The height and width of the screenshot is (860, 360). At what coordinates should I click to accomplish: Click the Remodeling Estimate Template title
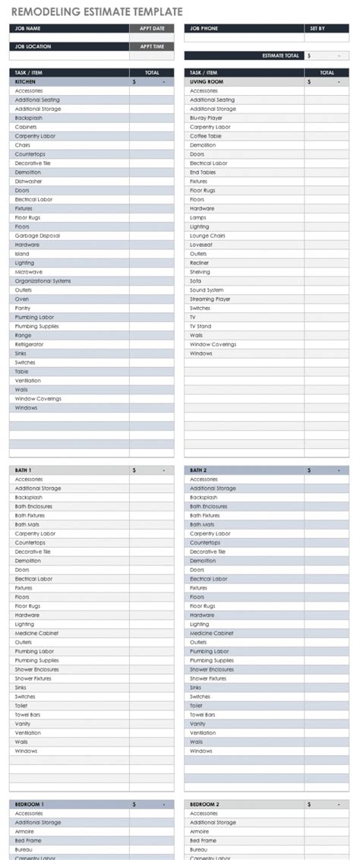point(96,12)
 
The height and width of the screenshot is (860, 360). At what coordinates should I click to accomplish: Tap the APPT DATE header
point(152,28)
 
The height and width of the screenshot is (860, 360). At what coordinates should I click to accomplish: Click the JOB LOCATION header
point(31,46)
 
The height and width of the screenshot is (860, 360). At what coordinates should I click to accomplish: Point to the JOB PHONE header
point(203,28)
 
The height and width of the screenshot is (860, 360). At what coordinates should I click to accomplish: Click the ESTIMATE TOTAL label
point(280,55)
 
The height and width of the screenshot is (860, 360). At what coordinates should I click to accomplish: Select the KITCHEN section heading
point(25,81)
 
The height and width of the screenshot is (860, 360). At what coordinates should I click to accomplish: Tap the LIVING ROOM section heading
point(206,81)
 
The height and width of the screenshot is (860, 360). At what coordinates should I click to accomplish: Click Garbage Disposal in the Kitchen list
point(37,236)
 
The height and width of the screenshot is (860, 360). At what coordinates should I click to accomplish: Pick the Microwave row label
point(29,272)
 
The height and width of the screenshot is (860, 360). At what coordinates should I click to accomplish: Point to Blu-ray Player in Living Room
point(206,118)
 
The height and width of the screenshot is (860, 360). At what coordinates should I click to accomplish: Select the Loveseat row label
point(201,245)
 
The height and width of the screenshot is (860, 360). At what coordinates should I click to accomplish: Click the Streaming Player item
point(210,299)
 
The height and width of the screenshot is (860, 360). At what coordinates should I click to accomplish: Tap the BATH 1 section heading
point(23,470)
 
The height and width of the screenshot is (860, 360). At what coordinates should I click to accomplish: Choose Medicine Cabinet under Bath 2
point(211,633)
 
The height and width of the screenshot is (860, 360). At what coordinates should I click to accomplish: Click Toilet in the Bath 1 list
point(23,706)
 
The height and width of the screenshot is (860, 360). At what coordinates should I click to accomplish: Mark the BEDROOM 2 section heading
point(204,804)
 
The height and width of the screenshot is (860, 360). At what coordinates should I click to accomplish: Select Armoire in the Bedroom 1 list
point(25,831)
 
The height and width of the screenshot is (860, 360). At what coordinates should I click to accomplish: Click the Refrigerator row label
point(29,344)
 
